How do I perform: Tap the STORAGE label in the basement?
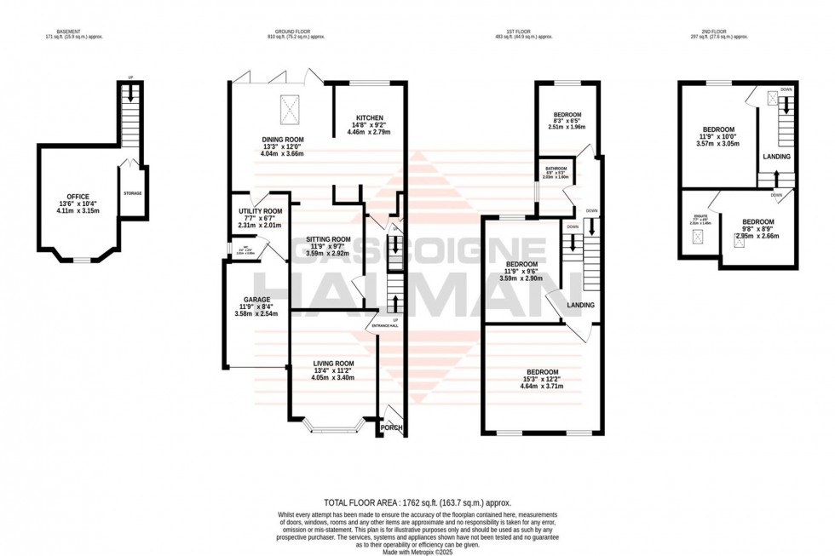[132, 193]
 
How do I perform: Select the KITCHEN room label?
[369, 118]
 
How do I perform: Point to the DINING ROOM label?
[284, 140]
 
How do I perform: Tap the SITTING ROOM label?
[328, 239]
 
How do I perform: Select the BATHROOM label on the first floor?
[556, 169]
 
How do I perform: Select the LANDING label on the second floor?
[777, 157]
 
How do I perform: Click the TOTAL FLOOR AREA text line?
[417, 503]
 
